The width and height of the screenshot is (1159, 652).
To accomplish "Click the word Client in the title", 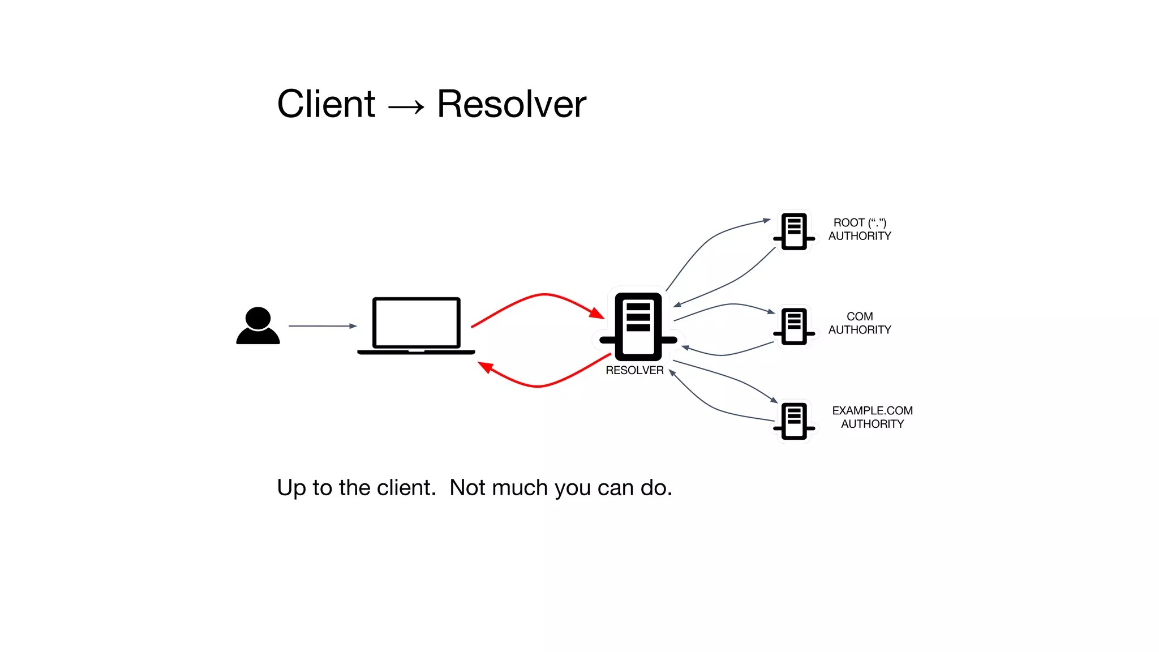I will click(326, 104).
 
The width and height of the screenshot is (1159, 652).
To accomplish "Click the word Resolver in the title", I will click(512, 104).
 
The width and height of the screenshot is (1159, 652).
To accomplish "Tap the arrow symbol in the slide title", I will click(406, 106).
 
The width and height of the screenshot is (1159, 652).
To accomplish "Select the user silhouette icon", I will click(258, 326).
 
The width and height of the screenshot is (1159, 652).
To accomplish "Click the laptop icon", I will click(416, 325).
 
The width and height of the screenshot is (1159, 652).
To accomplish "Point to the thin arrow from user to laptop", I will click(323, 326).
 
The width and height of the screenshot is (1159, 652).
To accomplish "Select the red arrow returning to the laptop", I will click(538, 386).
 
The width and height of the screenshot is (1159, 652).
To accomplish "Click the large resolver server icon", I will click(638, 326).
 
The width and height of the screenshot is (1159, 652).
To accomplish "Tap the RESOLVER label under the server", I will click(634, 370).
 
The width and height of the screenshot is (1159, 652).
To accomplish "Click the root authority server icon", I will click(794, 231).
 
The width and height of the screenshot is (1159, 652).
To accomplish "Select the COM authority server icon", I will click(794, 326).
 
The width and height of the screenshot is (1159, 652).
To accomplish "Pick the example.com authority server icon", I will click(794, 421).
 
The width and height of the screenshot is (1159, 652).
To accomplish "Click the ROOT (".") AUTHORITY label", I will click(860, 229).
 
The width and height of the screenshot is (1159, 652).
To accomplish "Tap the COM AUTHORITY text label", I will click(860, 323).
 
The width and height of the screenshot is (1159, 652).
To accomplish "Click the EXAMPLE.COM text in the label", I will click(872, 410).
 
